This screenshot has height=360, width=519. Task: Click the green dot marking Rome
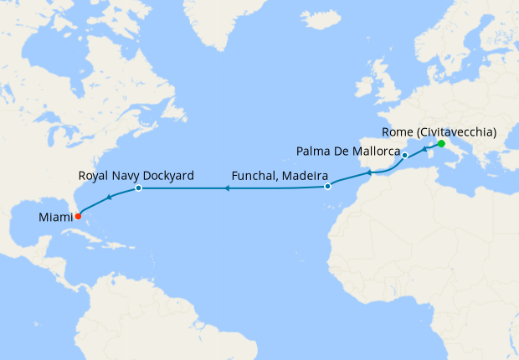(441, 144)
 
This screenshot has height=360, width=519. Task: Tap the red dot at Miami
(78, 215)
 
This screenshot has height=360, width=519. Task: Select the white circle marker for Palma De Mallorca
(404, 156)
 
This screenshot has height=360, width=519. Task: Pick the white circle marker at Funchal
(327, 186)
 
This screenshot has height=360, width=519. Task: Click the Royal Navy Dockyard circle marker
(138, 188)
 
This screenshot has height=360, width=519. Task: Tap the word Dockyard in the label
(167, 176)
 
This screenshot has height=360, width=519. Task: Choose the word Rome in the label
(396, 131)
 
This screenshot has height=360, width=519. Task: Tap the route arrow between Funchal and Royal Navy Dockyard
(226, 188)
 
